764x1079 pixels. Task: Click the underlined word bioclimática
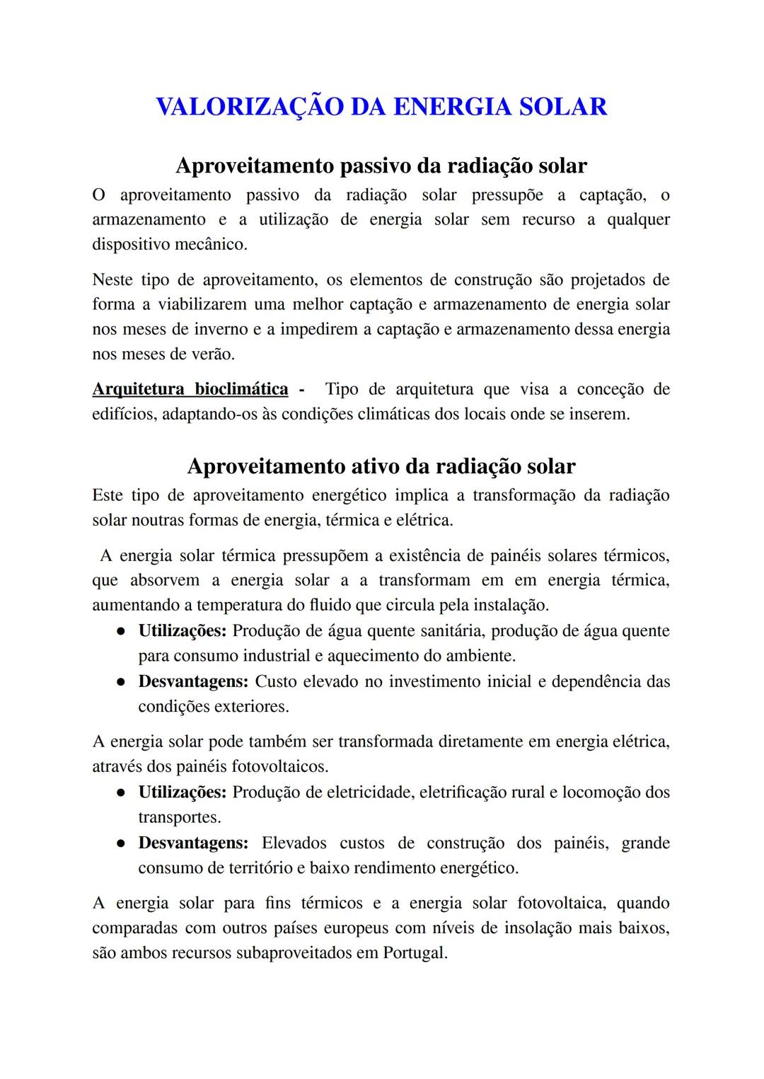(241, 389)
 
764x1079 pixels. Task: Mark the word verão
(212, 354)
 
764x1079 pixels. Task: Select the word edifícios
(124, 415)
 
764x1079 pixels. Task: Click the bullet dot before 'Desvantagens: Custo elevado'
(122, 682)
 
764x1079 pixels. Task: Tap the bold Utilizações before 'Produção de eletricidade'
(182, 792)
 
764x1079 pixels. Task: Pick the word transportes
(179, 818)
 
